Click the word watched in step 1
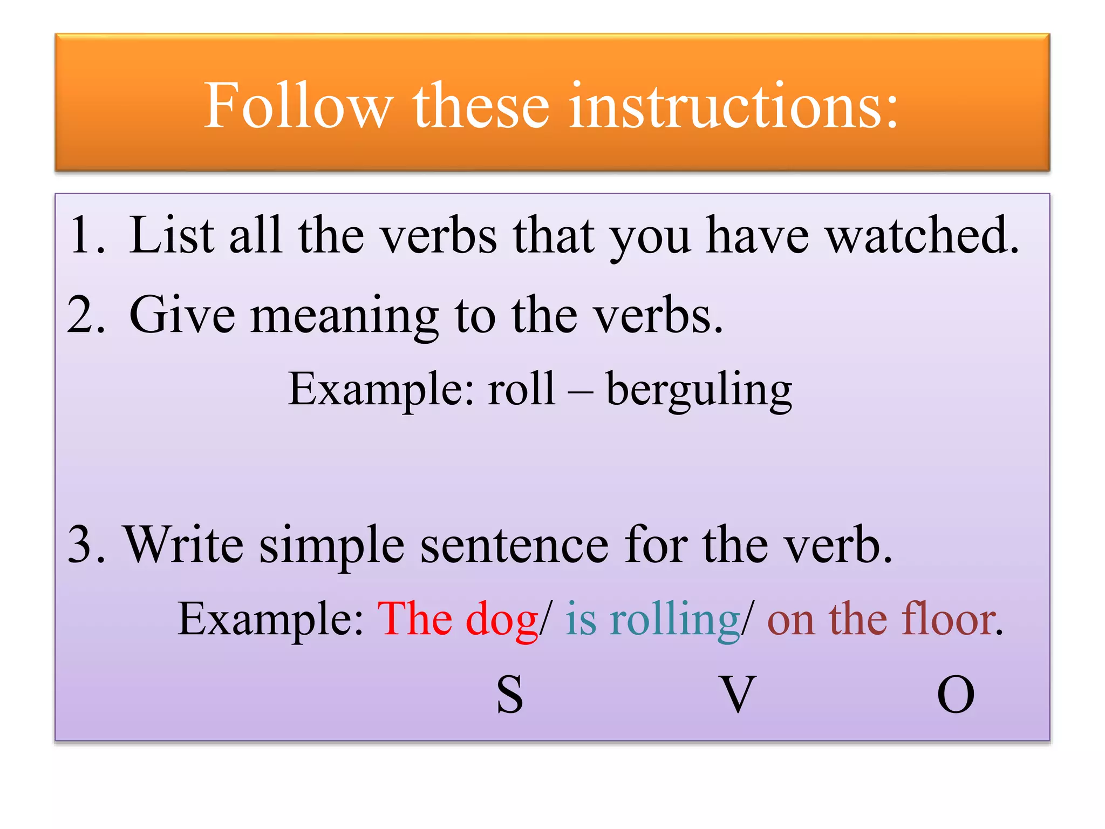pyautogui.click(x=923, y=235)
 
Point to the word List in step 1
pyautogui.click(x=172, y=235)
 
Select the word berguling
pyautogui.click(x=699, y=390)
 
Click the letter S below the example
pyautogui.click(x=510, y=695)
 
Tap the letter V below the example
pyautogui.click(x=737, y=695)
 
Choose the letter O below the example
pyautogui.click(x=956, y=695)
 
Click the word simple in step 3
pyautogui.click(x=332, y=546)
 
